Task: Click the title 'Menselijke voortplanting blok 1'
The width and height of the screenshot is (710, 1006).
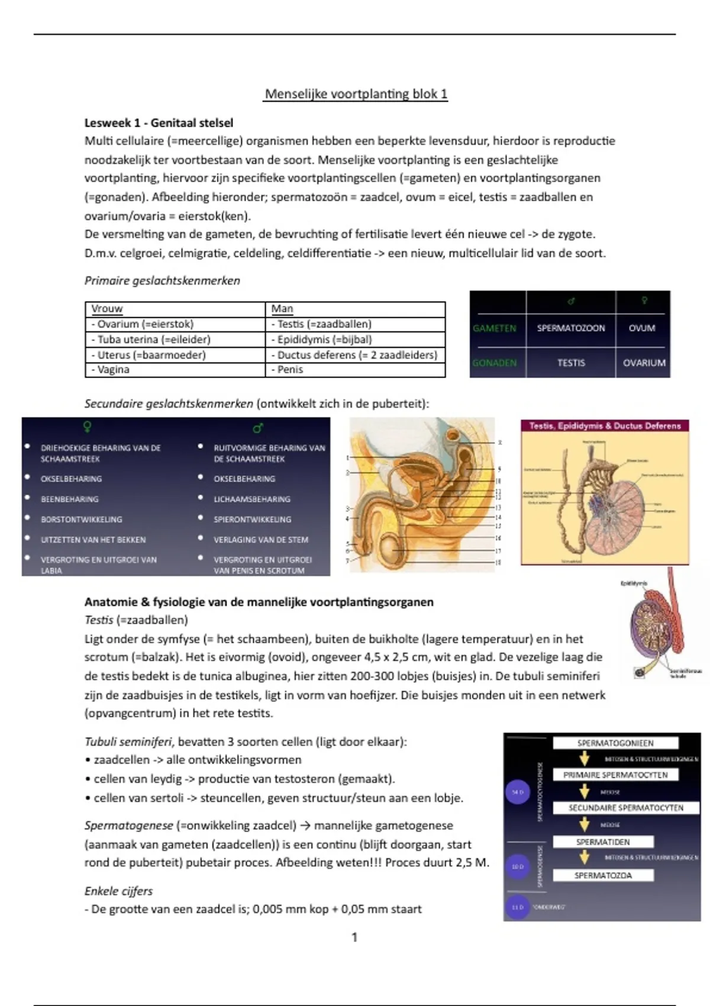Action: (356, 94)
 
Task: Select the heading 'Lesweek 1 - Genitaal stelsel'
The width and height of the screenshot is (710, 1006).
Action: (159, 123)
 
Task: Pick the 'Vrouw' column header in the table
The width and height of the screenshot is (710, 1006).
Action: (107, 309)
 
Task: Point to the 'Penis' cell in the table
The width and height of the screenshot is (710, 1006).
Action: (290, 370)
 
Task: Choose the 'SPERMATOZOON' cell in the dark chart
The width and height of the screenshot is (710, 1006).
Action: (570, 328)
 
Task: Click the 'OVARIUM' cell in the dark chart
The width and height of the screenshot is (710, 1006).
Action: (644, 363)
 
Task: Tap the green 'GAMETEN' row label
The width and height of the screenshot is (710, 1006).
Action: (495, 328)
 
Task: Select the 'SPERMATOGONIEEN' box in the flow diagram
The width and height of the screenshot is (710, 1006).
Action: (615, 743)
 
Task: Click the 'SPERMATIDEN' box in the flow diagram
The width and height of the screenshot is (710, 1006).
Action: (603, 841)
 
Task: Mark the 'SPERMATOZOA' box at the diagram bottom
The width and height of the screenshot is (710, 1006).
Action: (603, 875)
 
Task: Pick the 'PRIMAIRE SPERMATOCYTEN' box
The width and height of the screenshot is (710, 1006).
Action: (615, 775)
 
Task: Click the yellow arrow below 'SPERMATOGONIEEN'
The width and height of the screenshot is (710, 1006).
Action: (585, 759)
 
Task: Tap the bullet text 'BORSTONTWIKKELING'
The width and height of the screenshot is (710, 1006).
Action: (81, 520)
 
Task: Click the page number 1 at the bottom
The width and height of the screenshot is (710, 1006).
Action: (354, 937)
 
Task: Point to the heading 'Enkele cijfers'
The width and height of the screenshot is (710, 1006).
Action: (118, 891)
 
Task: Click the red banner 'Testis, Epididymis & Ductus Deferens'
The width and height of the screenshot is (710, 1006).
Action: (605, 425)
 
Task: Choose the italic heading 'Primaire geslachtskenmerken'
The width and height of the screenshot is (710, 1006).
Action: (162, 281)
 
